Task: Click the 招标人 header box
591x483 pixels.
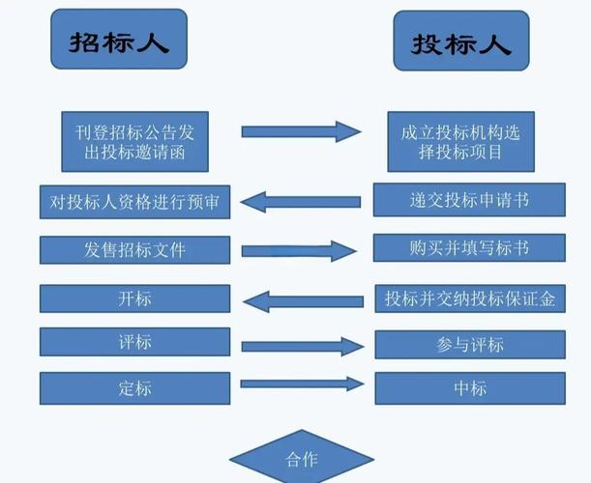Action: point(117,41)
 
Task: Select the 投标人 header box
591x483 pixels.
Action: point(461,41)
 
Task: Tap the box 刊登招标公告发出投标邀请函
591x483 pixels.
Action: point(134,141)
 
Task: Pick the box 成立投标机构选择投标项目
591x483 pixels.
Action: point(460,141)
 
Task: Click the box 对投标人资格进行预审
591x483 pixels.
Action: point(134,202)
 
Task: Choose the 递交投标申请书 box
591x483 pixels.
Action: point(469,201)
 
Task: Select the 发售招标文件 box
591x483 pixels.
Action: point(134,250)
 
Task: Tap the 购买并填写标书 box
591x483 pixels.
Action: point(469,248)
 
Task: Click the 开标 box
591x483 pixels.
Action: point(134,298)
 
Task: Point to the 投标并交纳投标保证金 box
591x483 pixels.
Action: point(469,298)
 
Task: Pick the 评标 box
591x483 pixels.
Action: point(134,342)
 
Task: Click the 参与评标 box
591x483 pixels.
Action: point(469,344)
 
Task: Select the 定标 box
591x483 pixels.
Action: point(134,388)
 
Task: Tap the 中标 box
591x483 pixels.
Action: point(469,388)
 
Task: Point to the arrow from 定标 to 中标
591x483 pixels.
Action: point(302,384)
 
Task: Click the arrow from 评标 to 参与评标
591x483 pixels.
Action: point(302,346)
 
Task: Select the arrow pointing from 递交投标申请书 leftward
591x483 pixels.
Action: point(300,202)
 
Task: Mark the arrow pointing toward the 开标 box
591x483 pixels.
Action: point(302,300)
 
